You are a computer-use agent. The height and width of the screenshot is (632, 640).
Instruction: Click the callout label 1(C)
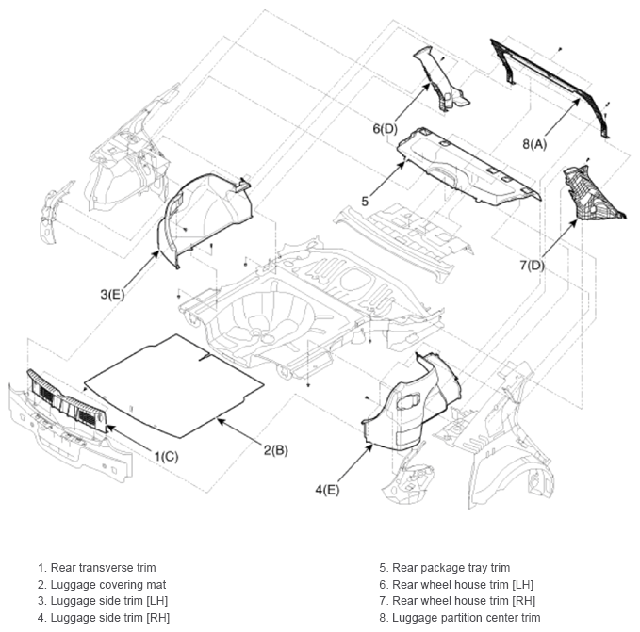pyautogui.click(x=166, y=456)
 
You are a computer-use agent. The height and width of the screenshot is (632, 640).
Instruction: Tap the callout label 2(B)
pyautogui.click(x=275, y=450)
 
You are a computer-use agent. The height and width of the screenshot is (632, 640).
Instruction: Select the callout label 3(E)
pyautogui.click(x=112, y=294)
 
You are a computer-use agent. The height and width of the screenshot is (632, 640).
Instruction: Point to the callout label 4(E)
pyautogui.click(x=327, y=489)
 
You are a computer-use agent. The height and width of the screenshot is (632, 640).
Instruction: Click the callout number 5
pyautogui.click(x=365, y=201)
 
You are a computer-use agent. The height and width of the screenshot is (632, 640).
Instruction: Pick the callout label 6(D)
pyautogui.click(x=385, y=129)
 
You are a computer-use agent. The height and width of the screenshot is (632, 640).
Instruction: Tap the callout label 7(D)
pyautogui.click(x=532, y=265)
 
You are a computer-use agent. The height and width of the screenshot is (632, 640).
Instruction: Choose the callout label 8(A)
pyautogui.click(x=534, y=143)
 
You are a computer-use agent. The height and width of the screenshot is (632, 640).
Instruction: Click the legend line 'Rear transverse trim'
pyautogui.click(x=97, y=568)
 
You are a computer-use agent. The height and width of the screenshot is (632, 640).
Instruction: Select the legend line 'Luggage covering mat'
pyautogui.click(x=102, y=584)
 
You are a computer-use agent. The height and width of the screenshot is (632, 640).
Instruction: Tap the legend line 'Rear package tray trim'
pyautogui.click(x=445, y=568)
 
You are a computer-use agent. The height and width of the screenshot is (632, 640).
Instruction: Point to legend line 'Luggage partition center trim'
pyautogui.click(x=460, y=618)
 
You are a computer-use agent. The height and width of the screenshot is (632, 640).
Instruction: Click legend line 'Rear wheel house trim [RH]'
pyautogui.click(x=457, y=601)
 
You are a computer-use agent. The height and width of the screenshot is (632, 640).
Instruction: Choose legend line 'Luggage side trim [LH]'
pyautogui.click(x=103, y=601)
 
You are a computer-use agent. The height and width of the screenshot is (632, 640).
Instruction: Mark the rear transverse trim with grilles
pyautogui.click(x=68, y=401)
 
